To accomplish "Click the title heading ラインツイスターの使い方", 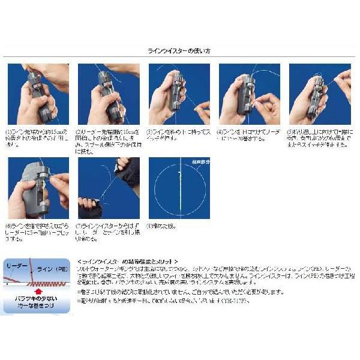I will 180,52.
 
